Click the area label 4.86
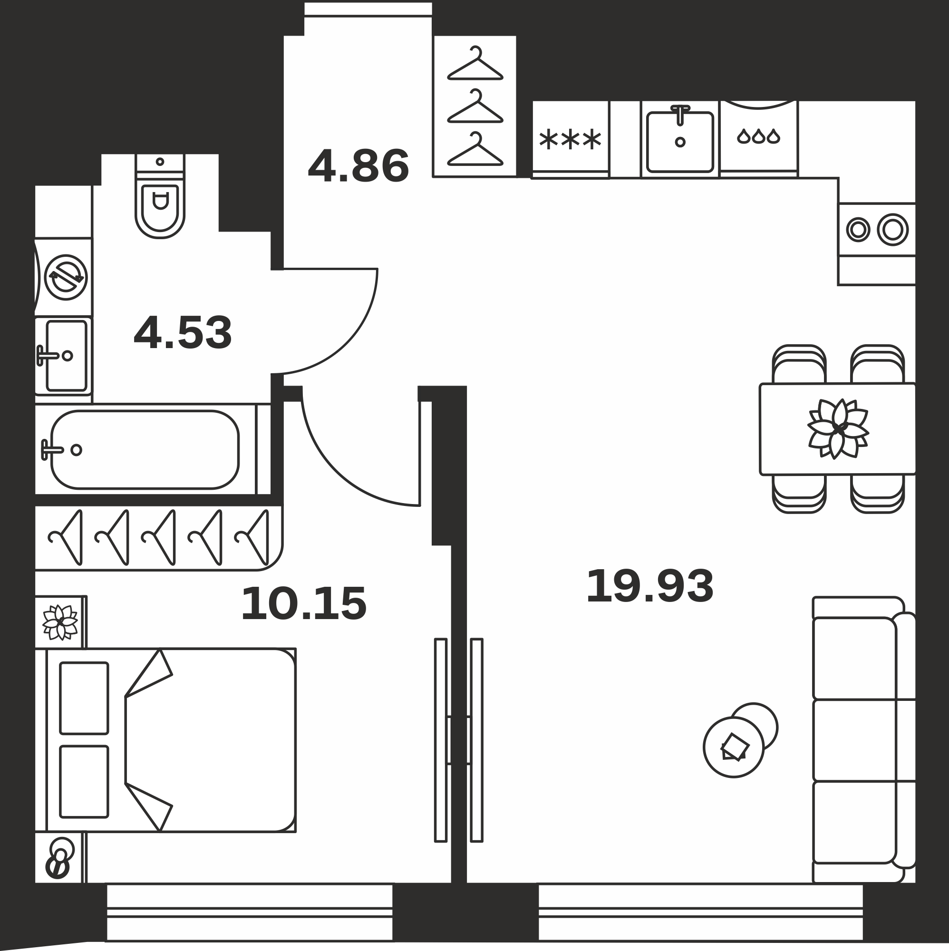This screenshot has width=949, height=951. click(x=358, y=166)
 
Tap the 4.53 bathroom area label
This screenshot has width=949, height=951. click(x=183, y=333)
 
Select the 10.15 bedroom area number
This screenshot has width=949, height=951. click(x=304, y=604)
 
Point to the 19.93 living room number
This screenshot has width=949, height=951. click(x=650, y=586)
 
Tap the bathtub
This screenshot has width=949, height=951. click(x=145, y=449)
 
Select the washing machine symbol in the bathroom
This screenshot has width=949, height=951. click(x=66, y=277)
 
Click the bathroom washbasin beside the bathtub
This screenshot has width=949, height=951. click(x=66, y=355)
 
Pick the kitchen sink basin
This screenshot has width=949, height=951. click(x=680, y=142)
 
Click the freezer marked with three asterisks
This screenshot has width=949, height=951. click(x=571, y=140)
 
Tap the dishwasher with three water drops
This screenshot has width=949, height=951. click(x=758, y=136)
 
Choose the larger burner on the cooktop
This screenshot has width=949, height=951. click(x=892, y=229)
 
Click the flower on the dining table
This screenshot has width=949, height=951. click(x=838, y=429)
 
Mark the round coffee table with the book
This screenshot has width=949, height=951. click(x=734, y=747)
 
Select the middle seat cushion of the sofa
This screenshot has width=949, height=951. click(x=854, y=739)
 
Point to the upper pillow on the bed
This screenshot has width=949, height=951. click(x=84, y=698)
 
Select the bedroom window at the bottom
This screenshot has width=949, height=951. click(x=250, y=912)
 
